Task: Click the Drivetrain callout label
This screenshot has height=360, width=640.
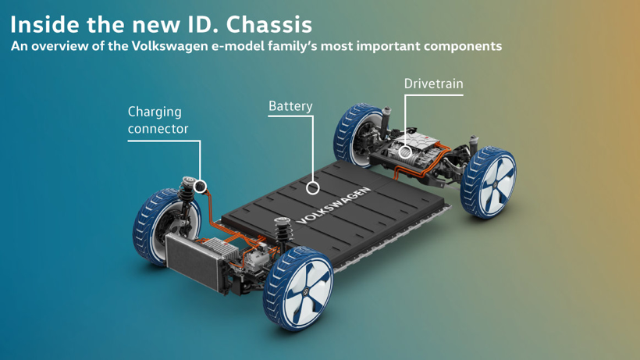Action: [x=433, y=84]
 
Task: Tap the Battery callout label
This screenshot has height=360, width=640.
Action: [x=290, y=106]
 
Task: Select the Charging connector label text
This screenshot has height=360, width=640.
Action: [x=158, y=120]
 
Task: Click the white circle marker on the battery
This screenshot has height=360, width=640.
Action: [x=312, y=187]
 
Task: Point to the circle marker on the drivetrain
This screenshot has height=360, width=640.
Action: [x=405, y=152]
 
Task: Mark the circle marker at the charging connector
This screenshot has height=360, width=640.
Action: [x=201, y=186]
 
